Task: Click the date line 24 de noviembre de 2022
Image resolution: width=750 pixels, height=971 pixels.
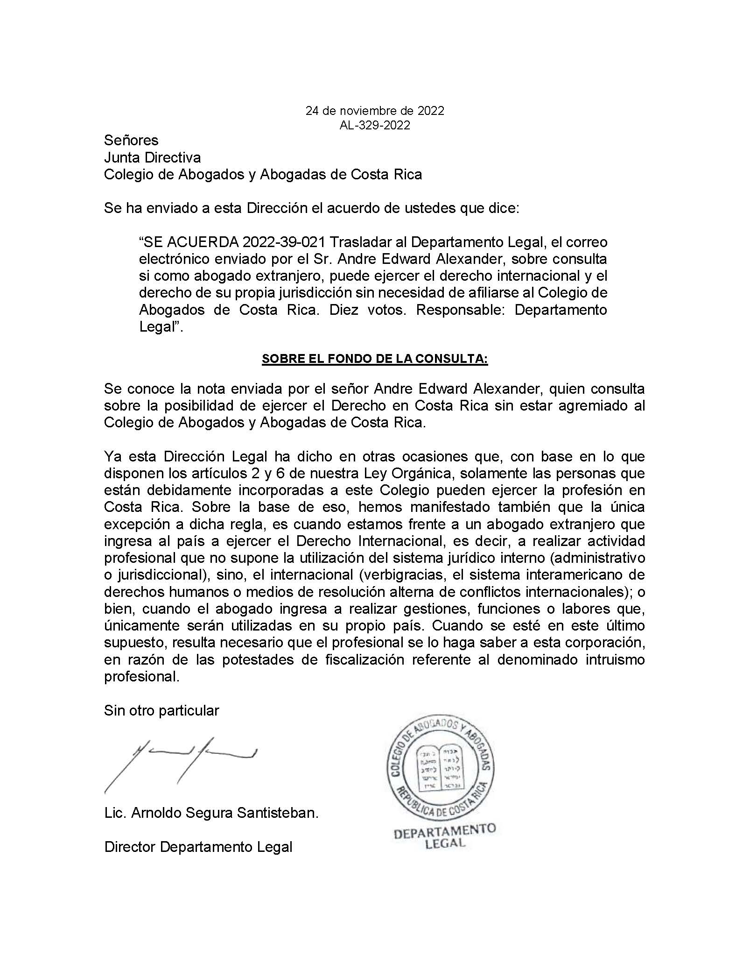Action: (375, 111)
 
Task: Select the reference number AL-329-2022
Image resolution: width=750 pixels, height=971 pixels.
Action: (375, 125)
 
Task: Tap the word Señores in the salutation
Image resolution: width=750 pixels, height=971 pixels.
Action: (131, 140)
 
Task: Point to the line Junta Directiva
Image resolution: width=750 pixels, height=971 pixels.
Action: (153, 157)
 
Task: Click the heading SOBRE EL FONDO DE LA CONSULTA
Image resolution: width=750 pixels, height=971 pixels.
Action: (375, 359)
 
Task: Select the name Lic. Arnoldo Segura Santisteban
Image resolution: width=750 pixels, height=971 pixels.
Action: (211, 813)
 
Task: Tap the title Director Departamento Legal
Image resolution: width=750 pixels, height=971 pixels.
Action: (198, 847)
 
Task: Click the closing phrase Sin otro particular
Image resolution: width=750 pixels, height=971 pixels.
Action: (161, 710)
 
